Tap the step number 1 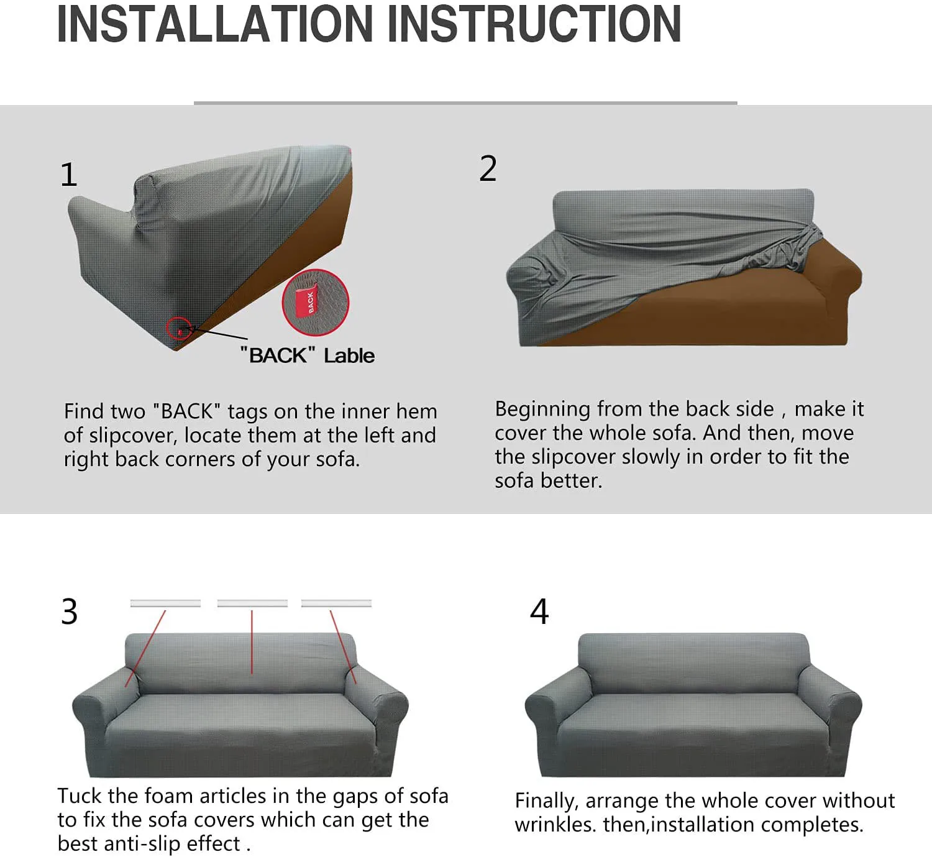69,175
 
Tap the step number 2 488,169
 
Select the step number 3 70,612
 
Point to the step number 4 539,612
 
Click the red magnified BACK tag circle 316,303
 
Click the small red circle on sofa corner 179,328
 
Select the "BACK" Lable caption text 308,355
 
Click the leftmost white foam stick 165,603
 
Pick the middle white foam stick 252,603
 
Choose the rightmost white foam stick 336,603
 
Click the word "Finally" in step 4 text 546,801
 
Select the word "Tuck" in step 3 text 80,796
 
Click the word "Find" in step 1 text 83,411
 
